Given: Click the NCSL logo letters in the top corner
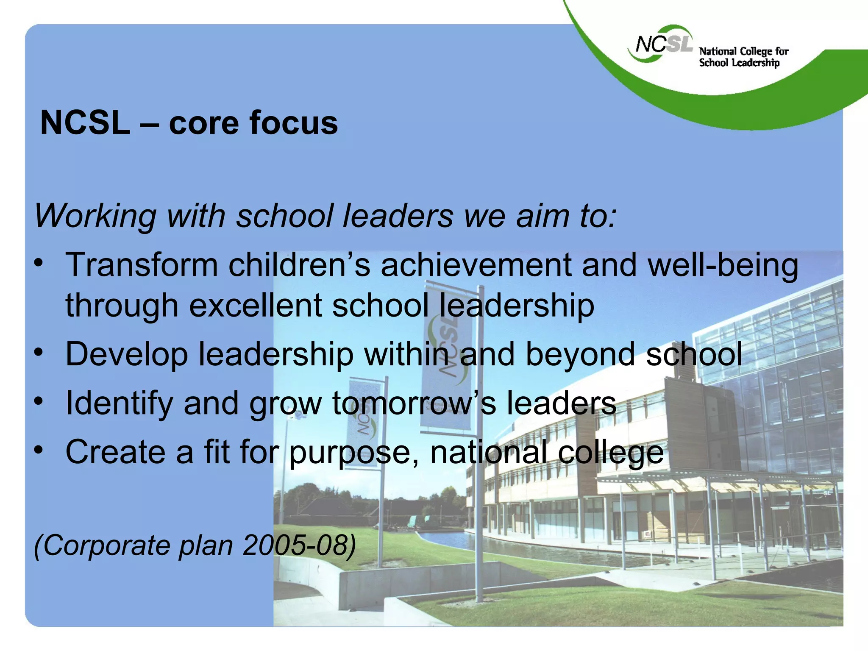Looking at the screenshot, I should pos(664,44).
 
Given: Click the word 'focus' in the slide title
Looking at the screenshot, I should pos(293,123).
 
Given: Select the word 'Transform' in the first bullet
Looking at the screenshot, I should pos(142,265).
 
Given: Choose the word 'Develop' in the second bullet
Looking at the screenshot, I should pos(126,355).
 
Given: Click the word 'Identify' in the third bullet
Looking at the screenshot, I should pos(119,404).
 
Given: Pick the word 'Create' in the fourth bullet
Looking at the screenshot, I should pos(115,452).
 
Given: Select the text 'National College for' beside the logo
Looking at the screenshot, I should pos(743,51).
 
